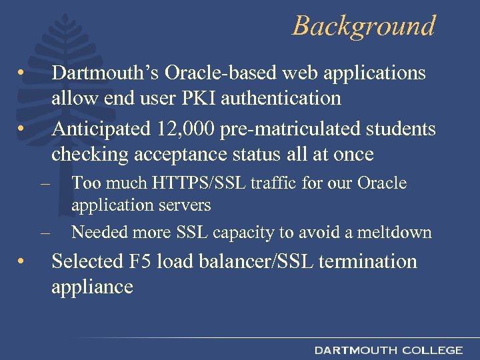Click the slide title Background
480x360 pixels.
[363, 26]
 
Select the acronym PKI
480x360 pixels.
[200, 99]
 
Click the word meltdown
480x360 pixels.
[396, 232]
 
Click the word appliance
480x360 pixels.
[92, 287]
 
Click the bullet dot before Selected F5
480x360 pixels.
[22, 261]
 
